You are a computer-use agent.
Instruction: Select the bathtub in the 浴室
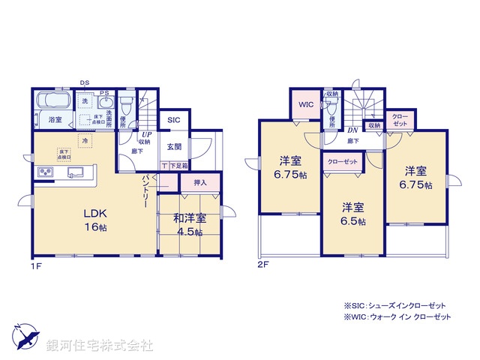point(53,102)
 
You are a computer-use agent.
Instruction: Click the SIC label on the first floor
point(173,120)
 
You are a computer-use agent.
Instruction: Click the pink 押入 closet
point(199,182)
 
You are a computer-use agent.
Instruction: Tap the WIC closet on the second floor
point(306,104)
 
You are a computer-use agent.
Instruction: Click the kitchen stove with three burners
point(44,174)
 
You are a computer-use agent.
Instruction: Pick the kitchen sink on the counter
point(76,173)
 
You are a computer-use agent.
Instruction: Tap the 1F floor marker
point(35,265)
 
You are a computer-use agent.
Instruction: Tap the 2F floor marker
point(262,265)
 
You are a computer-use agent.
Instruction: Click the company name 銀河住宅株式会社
point(100,345)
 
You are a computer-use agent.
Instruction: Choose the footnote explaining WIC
point(397,317)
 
